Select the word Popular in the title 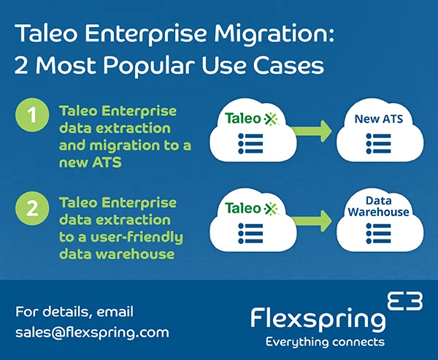158,66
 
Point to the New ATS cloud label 378,119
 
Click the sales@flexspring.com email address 92,332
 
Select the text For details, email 74,312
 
